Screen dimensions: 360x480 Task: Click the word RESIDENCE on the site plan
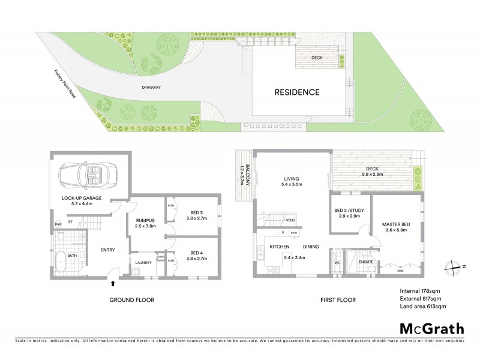pos(297,92)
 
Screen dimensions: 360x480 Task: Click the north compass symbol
pos(457,268)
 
